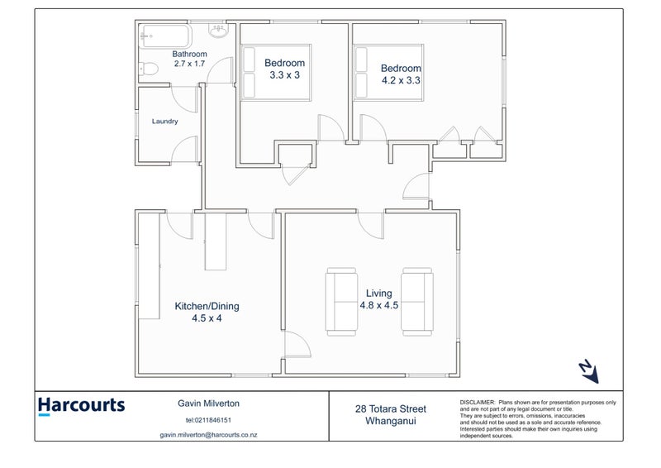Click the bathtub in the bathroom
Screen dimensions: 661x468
pyautogui.click(x=165, y=36)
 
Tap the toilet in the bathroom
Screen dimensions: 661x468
pyautogui.click(x=148, y=69)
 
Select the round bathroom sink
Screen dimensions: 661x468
pyautogui.click(x=218, y=31)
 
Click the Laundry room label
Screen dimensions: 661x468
pyautogui.click(x=164, y=121)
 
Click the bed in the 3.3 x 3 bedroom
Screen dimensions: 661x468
pyautogui.click(x=276, y=73)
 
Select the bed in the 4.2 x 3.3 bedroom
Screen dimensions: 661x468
pyautogui.click(x=388, y=73)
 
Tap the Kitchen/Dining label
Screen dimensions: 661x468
pyautogui.click(x=207, y=306)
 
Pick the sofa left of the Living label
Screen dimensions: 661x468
pyautogui.click(x=341, y=302)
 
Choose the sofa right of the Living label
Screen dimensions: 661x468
pyautogui.click(x=416, y=302)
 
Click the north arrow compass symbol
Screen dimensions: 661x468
pyautogui.click(x=589, y=372)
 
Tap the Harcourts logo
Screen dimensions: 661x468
pyautogui.click(x=81, y=406)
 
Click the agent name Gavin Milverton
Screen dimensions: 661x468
pyautogui.click(x=209, y=404)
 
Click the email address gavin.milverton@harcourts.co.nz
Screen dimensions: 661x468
pyautogui.click(x=209, y=435)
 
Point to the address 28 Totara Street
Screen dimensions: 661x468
pyautogui.click(x=391, y=409)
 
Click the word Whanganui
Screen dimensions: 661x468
pyautogui.click(x=391, y=421)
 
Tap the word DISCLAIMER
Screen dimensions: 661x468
pyautogui.click(x=478, y=403)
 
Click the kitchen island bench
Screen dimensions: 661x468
pyautogui.click(x=216, y=241)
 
